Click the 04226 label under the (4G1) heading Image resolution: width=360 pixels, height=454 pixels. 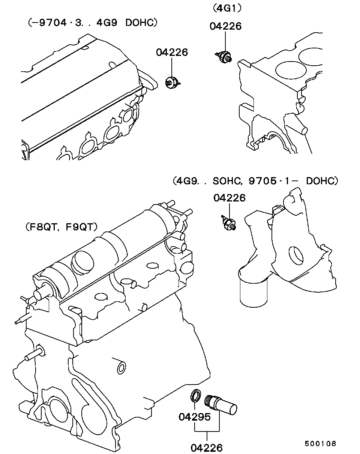click(225, 26)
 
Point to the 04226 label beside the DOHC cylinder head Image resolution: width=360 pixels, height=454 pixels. click(172, 52)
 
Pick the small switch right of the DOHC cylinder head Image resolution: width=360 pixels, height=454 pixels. click(172, 81)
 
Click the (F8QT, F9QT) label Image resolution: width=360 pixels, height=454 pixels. click(62, 227)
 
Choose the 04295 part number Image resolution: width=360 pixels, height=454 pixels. click(194, 416)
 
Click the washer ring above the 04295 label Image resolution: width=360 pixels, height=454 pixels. click(196, 395)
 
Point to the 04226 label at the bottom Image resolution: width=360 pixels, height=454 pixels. click(207, 447)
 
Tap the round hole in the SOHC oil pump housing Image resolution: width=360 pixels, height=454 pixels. click(296, 256)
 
